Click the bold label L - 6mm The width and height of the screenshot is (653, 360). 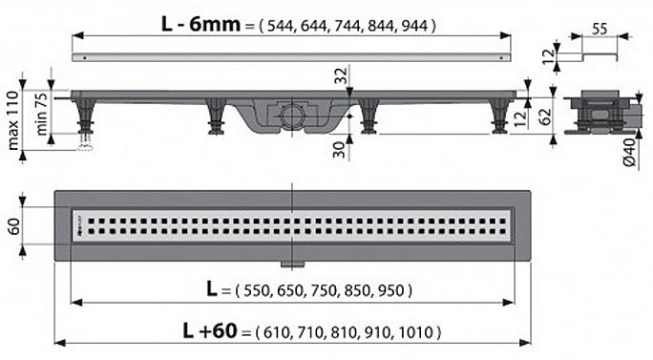point(200,25)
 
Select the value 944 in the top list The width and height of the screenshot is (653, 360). point(414,26)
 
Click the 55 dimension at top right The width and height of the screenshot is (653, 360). point(600,29)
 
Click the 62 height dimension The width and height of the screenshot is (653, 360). point(545,116)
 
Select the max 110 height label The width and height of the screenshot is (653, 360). point(13,120)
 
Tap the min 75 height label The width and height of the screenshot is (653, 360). point(41,114)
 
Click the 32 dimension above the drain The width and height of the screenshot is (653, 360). point(341,75)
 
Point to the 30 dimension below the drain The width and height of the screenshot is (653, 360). point(340,150)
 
